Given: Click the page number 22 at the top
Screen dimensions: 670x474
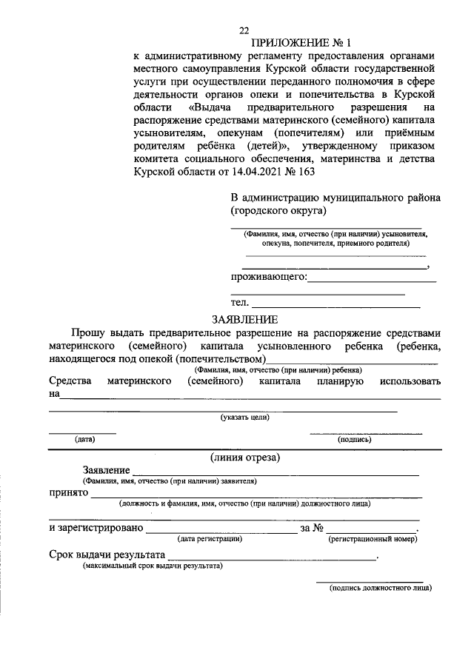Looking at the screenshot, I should [x=244, y=30].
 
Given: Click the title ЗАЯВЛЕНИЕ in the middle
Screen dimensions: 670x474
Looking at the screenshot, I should [x=244, y=320].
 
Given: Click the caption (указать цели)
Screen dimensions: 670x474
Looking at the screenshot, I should [x=244, y=418].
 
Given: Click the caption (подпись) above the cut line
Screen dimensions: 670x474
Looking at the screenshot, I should [x=355, y=439].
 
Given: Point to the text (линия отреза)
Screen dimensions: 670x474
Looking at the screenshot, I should [x=244, y=457].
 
